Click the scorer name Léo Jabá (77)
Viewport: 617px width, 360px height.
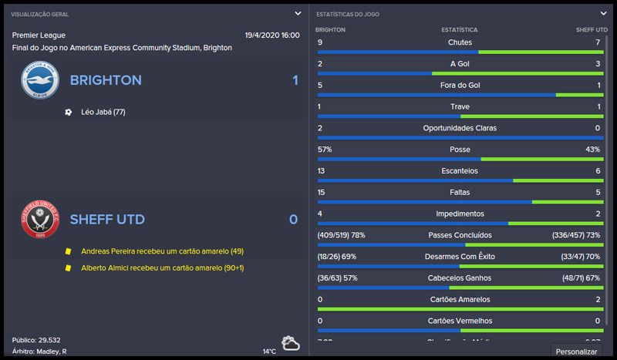[103, 113]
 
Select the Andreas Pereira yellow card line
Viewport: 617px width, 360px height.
[162, 251]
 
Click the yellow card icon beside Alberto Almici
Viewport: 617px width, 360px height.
[69, 267]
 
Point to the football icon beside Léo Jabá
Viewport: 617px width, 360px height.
[69, 113]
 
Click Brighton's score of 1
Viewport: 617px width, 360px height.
[295, 80]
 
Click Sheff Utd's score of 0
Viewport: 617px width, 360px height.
[293, 220]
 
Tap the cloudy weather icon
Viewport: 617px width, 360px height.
[291, 343]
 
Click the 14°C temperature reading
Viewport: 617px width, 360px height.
[268, 352]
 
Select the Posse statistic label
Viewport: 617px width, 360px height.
[459, 149]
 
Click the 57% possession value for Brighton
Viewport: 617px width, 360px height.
[325, 149]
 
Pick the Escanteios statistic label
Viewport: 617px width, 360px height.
[459, 170]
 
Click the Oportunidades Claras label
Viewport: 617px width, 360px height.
[459, 128]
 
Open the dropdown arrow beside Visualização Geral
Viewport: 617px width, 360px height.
[298, 13]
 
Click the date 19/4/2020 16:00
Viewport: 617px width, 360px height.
[272, 35]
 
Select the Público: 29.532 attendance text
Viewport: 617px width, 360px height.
[37, 340]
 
